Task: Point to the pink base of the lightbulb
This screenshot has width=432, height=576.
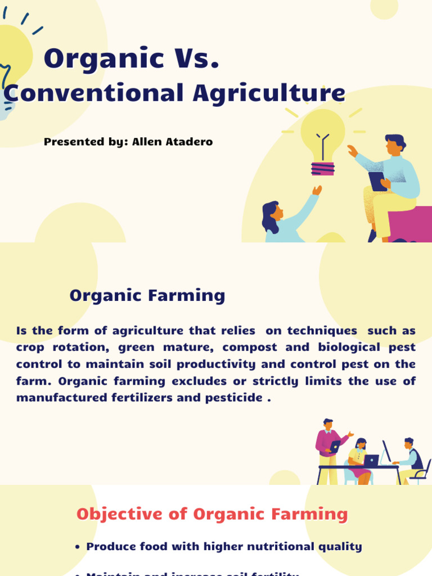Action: coord(322,168)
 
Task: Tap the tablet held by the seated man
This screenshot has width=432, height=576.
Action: coord(377,181)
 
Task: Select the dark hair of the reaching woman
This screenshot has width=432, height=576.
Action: coord(269,215)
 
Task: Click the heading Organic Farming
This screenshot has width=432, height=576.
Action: coord(147,295)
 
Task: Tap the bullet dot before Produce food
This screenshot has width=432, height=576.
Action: coord(77,547)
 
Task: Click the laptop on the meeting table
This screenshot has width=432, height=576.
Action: coord(371,460)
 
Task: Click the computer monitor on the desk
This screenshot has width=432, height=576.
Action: coord(386,451)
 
